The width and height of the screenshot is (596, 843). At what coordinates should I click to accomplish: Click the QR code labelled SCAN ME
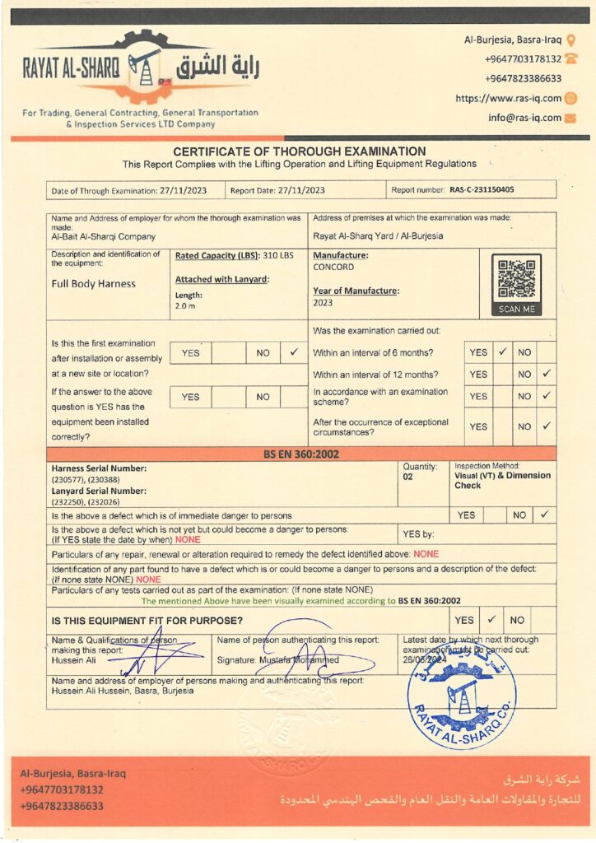pos(516,280)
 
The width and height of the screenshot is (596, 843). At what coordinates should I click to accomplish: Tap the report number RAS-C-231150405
pos(482,190)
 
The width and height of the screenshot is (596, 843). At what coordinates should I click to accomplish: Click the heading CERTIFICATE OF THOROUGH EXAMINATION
pos(299,151)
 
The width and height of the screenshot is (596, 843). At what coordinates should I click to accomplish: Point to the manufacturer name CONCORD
pos(333,267)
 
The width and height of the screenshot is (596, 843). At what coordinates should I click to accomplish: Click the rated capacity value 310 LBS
pos(278,256)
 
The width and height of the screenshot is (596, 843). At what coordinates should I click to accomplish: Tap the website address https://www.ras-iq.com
pos(509,98)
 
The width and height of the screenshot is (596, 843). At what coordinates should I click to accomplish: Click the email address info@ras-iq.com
pos(524,118)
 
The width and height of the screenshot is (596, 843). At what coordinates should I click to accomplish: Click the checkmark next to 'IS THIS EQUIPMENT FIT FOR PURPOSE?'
pos(491,619)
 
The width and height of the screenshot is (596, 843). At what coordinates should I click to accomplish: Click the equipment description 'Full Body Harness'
pos(94,284)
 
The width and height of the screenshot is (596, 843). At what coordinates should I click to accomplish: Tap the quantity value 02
pos(408,477)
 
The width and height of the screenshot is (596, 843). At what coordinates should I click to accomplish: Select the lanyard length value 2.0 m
pos(184,305)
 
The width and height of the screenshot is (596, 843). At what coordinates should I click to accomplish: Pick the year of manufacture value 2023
pos(324,303)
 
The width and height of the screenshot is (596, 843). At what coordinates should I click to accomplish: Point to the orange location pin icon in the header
pos(571,40)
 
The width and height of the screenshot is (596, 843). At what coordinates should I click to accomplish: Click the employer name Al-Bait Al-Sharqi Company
pos(103,235)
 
